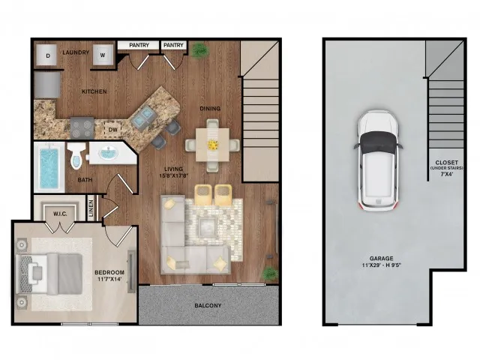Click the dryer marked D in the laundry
pos(48,55)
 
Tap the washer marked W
pos(102,55)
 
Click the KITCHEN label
pos(94,91)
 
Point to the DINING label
pos(210,109)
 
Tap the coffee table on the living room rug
pos(209,226)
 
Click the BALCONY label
pos(208,305)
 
